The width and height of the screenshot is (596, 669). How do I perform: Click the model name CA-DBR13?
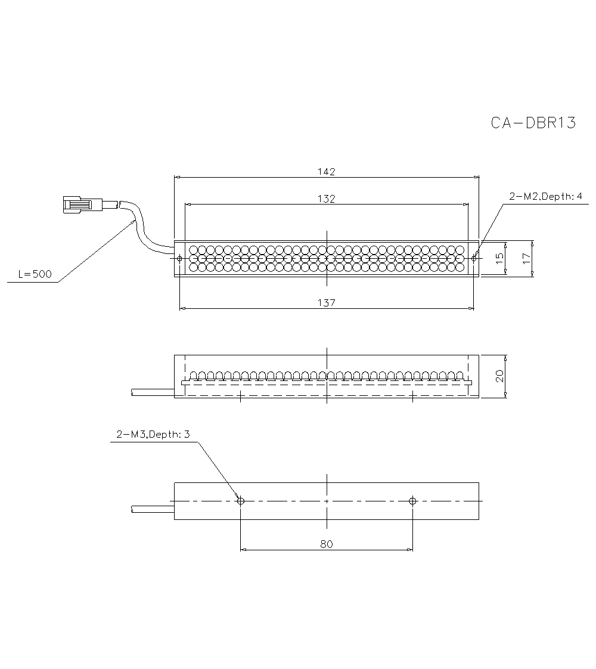point(533,123)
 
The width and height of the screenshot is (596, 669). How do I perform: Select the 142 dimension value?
point(327,172)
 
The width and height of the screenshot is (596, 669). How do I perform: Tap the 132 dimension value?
point(327,199)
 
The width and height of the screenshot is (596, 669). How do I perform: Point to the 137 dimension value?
point(327,303)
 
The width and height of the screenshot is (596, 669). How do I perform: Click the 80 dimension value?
point(326,544)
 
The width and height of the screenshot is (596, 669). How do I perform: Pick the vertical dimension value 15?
point(499,258)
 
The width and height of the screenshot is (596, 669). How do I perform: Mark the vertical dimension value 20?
point(499,376)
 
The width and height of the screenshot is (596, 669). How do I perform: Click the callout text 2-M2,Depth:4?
point(545,196)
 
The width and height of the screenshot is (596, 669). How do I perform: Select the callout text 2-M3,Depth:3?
point(153,435)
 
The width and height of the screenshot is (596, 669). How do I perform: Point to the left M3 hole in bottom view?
point(240,501)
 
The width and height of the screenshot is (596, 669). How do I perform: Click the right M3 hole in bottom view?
point(412,501)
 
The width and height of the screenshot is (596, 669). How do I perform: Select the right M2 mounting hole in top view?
point(474,258)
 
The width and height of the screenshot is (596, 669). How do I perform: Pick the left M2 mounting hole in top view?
point(179,258)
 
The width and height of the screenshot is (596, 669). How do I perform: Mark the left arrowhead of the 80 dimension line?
point(243,549)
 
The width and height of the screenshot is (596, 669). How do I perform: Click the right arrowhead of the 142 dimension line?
point(476,177)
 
